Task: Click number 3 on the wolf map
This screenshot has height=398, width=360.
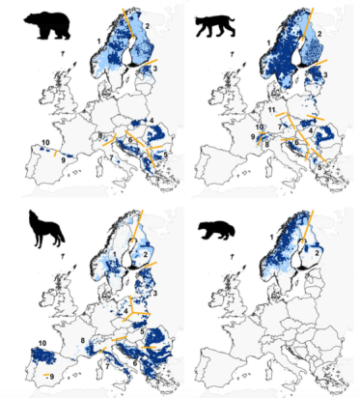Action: point(153,293)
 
